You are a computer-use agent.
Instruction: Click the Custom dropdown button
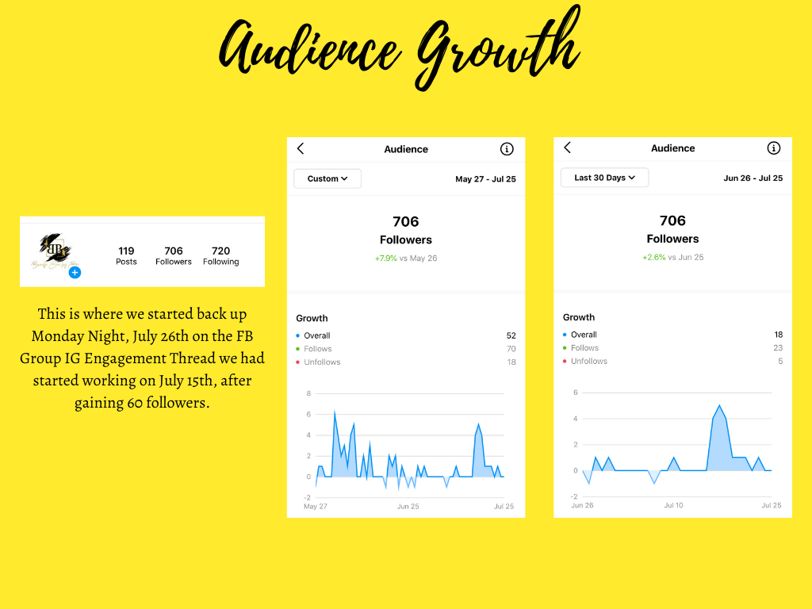point(327,178)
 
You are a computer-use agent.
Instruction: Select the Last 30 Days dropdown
point(604,178)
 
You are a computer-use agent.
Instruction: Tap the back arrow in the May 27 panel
point(301,149)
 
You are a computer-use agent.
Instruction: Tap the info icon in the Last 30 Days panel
point(774,148)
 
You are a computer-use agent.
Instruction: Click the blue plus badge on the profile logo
point(75,273)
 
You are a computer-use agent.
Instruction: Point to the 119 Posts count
point(126,255)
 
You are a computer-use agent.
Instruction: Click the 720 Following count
point(220,255)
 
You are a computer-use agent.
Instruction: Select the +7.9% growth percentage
point(386,259)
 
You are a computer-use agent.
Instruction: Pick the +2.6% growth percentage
point(653,258)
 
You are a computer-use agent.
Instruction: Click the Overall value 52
point(511,335)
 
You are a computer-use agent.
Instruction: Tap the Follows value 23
point(778,348)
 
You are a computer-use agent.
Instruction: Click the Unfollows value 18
point(511,362)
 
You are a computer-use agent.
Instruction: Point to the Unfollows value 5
point(780,362)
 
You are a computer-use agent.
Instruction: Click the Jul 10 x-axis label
point(673,505)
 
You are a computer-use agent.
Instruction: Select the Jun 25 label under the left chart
point(408,506)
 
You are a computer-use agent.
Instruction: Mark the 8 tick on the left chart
point(308,393)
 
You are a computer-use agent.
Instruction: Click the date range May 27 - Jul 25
point(485,179)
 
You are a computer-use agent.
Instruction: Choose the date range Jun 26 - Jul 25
point(753,178)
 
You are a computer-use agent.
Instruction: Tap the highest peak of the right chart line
point(719,406)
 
